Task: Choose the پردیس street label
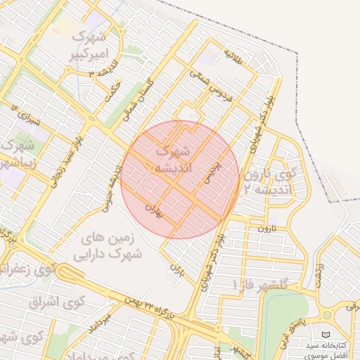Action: (211, 169)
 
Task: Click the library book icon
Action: (324, 334)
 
